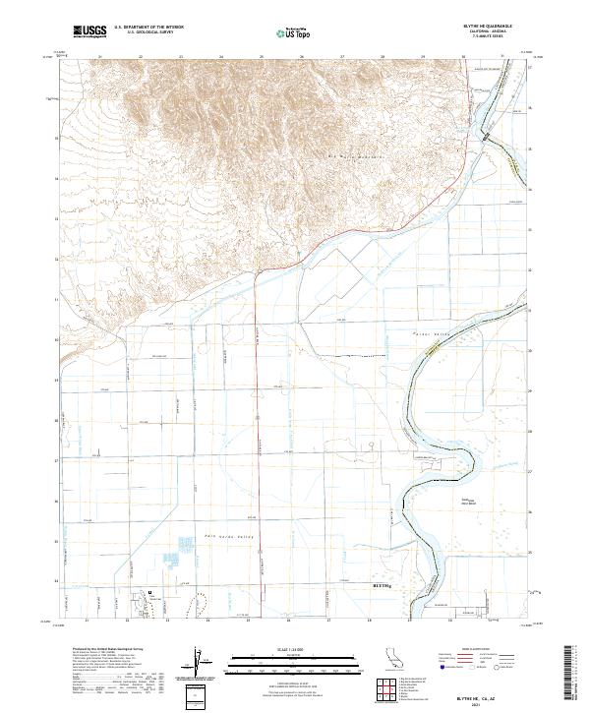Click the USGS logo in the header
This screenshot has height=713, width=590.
pyautogui.click(x=90, y=32)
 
